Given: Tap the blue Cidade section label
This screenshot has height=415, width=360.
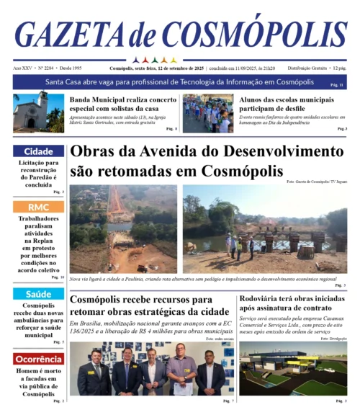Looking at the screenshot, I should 38,151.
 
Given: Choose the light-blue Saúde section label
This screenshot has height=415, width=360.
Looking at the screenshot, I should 38,294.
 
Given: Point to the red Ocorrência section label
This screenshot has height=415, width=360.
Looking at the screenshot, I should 38,359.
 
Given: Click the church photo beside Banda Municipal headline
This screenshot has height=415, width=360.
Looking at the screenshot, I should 38,112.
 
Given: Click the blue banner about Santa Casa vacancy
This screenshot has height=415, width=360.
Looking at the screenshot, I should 179,82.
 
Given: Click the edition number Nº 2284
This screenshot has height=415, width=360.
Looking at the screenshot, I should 47,68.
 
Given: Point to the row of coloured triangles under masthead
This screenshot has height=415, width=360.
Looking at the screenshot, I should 156,60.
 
